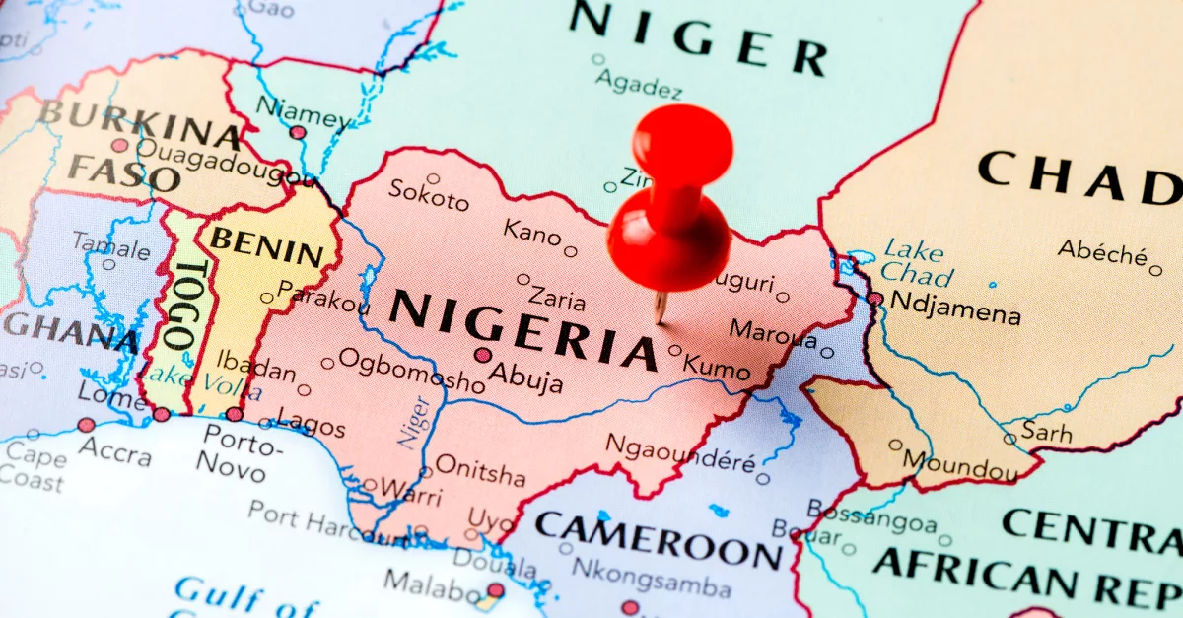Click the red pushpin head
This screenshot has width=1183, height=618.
(682, 146)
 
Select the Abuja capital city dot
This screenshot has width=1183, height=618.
(482, 355)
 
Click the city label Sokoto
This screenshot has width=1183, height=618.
(428, 195)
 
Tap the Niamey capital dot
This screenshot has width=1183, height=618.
(298, 132)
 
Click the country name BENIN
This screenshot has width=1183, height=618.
(266, 246)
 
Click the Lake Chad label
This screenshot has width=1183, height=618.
(917, 262)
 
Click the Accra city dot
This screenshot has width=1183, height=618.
(87, 425)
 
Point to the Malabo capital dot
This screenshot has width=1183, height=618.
(495, 590)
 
